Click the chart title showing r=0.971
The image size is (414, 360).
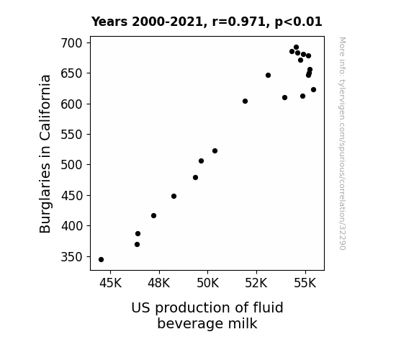click(207, 22)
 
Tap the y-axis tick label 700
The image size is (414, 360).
click(72, 43)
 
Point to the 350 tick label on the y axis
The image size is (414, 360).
click(72, 257)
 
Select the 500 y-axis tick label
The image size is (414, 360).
click(72, 165)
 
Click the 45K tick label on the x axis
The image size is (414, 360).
click(110, 283)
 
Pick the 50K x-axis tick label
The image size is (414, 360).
click(208, 283)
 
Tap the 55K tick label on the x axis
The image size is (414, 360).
click(305, 283)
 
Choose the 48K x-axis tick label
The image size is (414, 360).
click(159, 283)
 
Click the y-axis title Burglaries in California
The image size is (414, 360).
click(45, 153)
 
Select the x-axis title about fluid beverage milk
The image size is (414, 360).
click(207, 315)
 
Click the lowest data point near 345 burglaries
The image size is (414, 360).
click(101, 260)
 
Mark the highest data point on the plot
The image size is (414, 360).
click(296, 48)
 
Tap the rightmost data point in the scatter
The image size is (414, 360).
click(313, 90)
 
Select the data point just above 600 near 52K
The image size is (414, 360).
click(245, 101)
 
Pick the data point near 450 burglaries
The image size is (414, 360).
click(174, 197)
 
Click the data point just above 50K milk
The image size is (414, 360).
click(215, 150)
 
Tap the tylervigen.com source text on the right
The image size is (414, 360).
click(342, 143)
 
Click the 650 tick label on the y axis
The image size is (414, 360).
click(72, 73)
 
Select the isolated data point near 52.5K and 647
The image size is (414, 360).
click(269, 76)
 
